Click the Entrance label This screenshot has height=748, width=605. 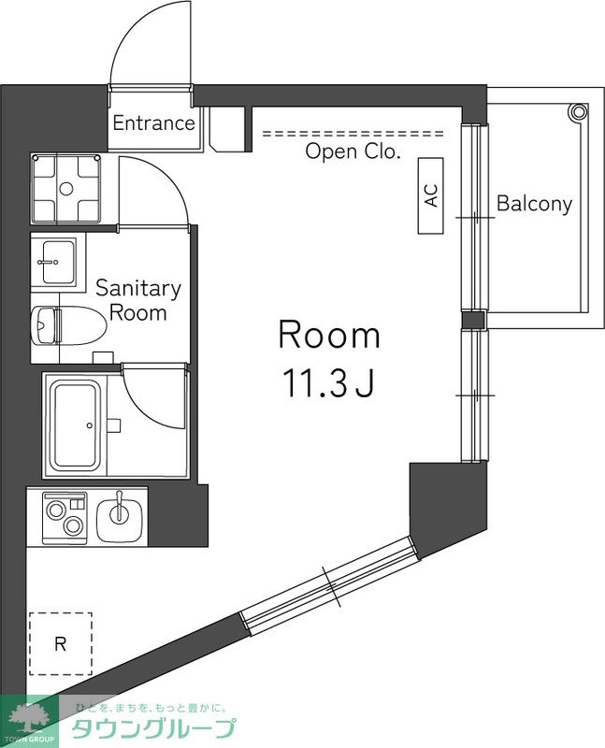click(x=153, y=123)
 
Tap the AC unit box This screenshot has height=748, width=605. click(x=431, y=195)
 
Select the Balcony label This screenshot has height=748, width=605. click(x=534, y=204)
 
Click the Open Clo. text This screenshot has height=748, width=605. click(x=353, y=151)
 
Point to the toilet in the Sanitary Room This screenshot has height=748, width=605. click(x=67, y=325)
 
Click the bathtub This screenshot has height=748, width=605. click(x=76, y=426)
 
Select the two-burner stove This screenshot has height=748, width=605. click(x=65, y=518)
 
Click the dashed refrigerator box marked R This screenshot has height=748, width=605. click(x=61, y=643)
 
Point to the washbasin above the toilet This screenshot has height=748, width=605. click(x=53, y=262)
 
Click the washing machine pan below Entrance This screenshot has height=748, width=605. click(x=65, y=189)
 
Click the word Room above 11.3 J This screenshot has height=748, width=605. click(x=329, y=336)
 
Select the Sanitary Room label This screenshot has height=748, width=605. click(x=137, y=300)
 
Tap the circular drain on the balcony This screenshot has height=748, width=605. click(x=578, y=112)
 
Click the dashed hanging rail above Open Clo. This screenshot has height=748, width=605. click(x=353, y=134)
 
